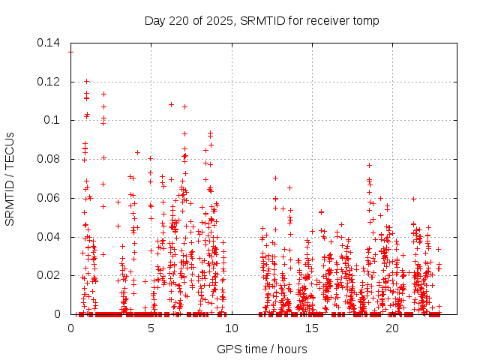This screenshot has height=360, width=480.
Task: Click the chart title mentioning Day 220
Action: click(x=262, y=20)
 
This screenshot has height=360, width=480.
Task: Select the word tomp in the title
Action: click(x=366, y=20)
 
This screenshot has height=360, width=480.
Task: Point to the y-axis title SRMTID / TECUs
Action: click(x=10, y=178)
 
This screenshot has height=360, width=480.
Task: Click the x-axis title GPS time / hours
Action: click(x=262, y=349)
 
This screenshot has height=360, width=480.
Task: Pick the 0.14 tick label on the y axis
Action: click(x=50, y=43)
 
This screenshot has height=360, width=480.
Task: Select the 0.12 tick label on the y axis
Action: click(x=50, y=82)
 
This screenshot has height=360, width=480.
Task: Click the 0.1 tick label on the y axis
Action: click(x=55, y=120)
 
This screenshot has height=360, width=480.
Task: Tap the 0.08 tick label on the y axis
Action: click(x=50, y=159)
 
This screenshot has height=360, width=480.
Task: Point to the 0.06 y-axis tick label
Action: click(x=50, y=198)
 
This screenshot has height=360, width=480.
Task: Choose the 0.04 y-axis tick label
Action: click(x=50, y=237)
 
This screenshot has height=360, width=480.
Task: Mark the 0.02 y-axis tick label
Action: click(x=50, y=275)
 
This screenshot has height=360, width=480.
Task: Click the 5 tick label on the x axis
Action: click(x=151, y=328)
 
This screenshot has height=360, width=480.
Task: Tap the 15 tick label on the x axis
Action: click(x=311, y=328)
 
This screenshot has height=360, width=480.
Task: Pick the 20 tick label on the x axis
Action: click(x=392, y=328)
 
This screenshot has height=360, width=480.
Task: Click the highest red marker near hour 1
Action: click(x=86, y=81)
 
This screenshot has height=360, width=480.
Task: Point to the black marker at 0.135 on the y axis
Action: click(x=71, y=52)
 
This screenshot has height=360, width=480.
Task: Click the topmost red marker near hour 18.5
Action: click(x=369, y=165)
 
